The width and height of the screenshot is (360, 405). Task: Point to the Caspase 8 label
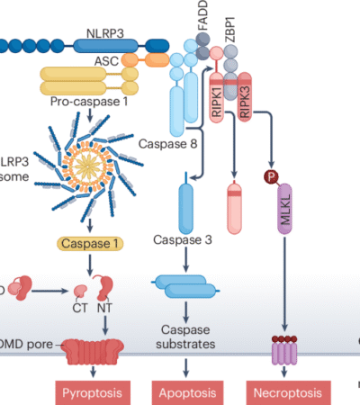pos(166,141)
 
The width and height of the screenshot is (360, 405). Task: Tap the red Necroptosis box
pos(283,392)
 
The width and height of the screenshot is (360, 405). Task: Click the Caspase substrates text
pos(185,337)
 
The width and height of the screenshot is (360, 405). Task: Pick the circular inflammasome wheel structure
pos(90,164)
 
